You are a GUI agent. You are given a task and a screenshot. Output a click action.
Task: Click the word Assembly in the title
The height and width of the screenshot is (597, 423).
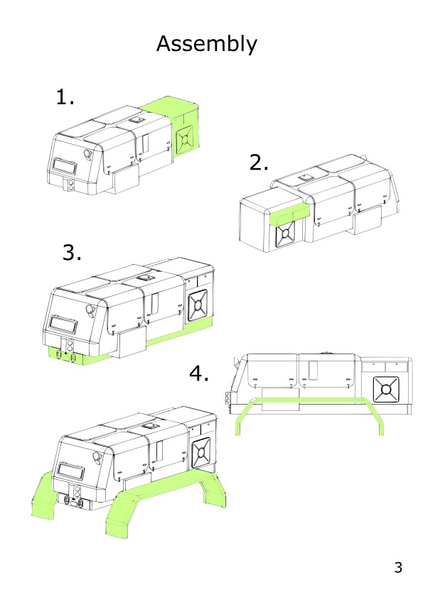[207, 44]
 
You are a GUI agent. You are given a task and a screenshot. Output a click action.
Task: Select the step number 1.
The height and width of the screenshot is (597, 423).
[65, 97]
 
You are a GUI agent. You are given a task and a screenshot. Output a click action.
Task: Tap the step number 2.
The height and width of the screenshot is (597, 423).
[259, 162]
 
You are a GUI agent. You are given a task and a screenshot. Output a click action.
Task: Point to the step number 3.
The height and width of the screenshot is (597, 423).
[72, 253]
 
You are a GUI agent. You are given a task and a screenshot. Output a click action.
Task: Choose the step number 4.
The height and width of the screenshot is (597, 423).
[199, 373]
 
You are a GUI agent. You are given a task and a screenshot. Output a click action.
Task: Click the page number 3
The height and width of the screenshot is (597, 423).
[398, 567]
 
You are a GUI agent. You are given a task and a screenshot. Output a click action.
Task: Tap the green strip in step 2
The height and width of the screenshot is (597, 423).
[289, 216]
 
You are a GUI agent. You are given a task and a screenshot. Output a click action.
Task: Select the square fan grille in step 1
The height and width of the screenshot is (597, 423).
[185, 140]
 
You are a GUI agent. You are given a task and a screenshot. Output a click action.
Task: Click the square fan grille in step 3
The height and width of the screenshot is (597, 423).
[198, 305]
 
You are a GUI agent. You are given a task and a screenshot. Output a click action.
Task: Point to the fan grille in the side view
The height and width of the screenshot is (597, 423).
[386, 390]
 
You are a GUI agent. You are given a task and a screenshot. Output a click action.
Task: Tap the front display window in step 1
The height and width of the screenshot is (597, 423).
[64, 166]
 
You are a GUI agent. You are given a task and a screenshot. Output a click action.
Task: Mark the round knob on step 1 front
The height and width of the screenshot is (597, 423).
[88, 154]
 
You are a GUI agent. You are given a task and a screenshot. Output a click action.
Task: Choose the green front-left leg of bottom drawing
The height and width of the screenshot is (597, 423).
[43, 495]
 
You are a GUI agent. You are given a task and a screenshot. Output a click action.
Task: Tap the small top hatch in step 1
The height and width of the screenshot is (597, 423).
[137, 120]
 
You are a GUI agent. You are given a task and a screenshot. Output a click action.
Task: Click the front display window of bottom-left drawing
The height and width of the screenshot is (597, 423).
[70, 472]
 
